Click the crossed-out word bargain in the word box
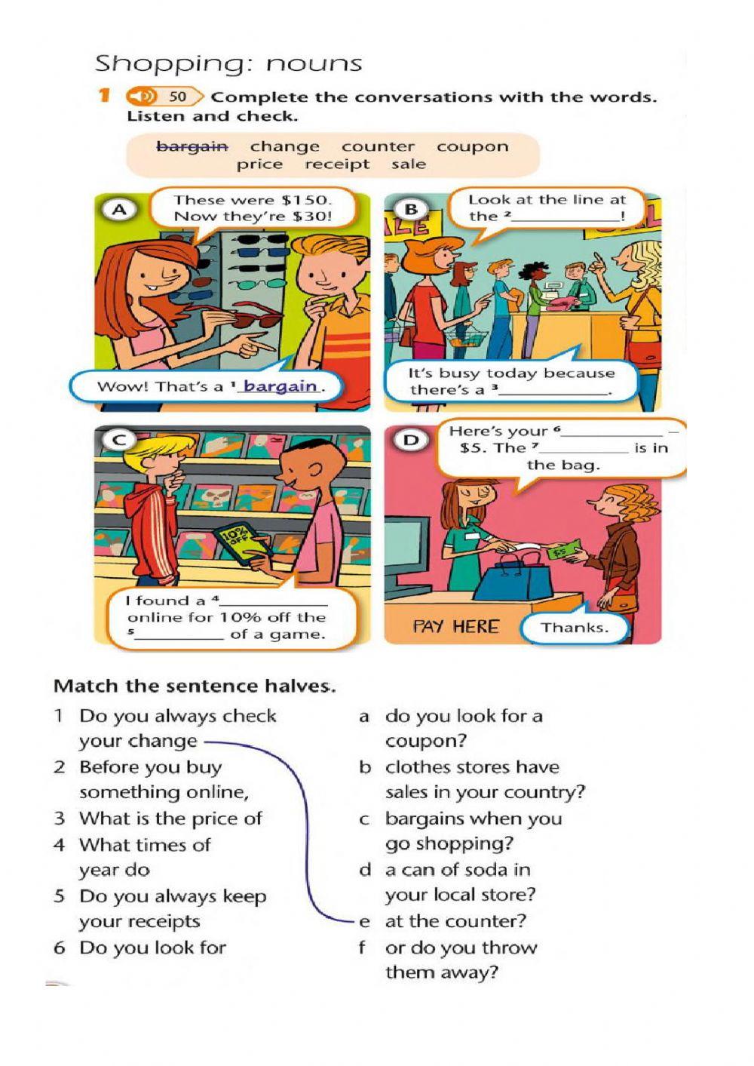click(x=192, y=146)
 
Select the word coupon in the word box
click(x=472, y=146)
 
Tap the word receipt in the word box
click(x=337, y=164)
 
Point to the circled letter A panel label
click(x=118, y=210)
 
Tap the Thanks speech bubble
click(x=574, y=627)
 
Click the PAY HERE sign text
click(x=455, y=627)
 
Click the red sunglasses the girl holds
click(x=249, y=317)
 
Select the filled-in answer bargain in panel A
click(x=280, y=386)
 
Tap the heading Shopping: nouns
click(x=228, y=63)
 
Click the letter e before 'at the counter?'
click(x=365, y=921)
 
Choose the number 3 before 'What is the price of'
click(x=60, y=819)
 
